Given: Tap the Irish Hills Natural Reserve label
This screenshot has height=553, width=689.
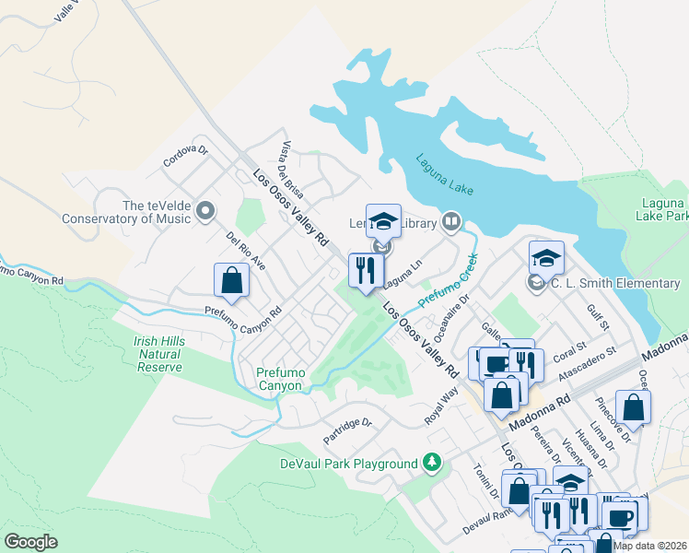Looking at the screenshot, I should click(159, 354).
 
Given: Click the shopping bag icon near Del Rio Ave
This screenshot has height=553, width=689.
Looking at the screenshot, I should click(231, 280).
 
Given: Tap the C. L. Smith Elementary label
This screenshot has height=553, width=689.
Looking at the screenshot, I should click(615, 283).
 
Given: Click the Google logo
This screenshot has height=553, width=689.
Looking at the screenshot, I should click(31, 542).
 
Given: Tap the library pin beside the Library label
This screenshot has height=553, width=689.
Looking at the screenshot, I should click(451, 220).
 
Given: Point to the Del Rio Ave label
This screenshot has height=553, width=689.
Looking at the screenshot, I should click(246, 251).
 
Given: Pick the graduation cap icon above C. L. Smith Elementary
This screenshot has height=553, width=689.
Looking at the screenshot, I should click(546, 257).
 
